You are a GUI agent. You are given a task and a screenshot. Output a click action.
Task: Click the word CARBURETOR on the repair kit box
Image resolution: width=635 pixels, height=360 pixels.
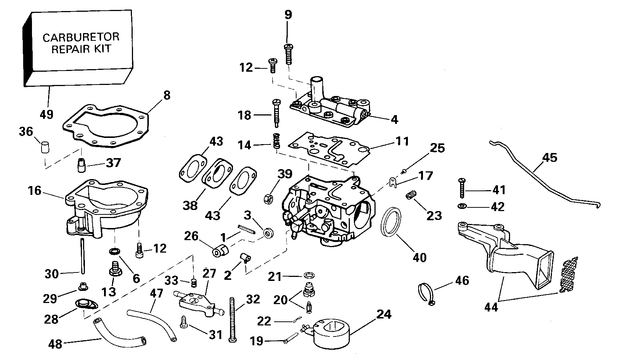[81, 37]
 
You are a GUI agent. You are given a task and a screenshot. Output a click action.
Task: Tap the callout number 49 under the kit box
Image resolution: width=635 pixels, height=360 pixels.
[46, 114]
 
